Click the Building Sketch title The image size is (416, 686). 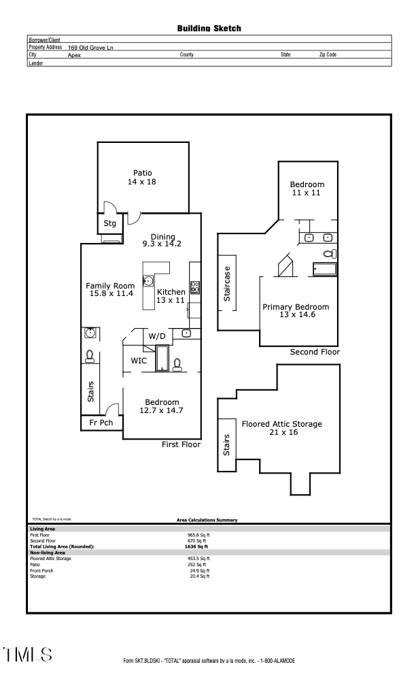pos(209,29)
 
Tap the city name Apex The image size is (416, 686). pos(75,54)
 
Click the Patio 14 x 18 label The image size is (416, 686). pos(142,177)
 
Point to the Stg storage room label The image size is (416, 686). pos(109,223)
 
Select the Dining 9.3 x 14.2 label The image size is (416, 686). pos(162,240)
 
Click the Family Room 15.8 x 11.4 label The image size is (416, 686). pos(111,290)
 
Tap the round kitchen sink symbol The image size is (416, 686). pos(149,280)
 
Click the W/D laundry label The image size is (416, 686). pos(157,336)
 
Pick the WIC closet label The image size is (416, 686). pos(139,361)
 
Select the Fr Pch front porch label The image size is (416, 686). pos(101,423)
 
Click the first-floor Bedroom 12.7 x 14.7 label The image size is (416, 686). pos(161,406)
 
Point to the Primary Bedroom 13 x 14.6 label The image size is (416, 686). pos(296,311)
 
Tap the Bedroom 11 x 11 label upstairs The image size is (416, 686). pos(307,189)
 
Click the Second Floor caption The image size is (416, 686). pos(315,353)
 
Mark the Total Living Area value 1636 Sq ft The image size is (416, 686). pos(196,546)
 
